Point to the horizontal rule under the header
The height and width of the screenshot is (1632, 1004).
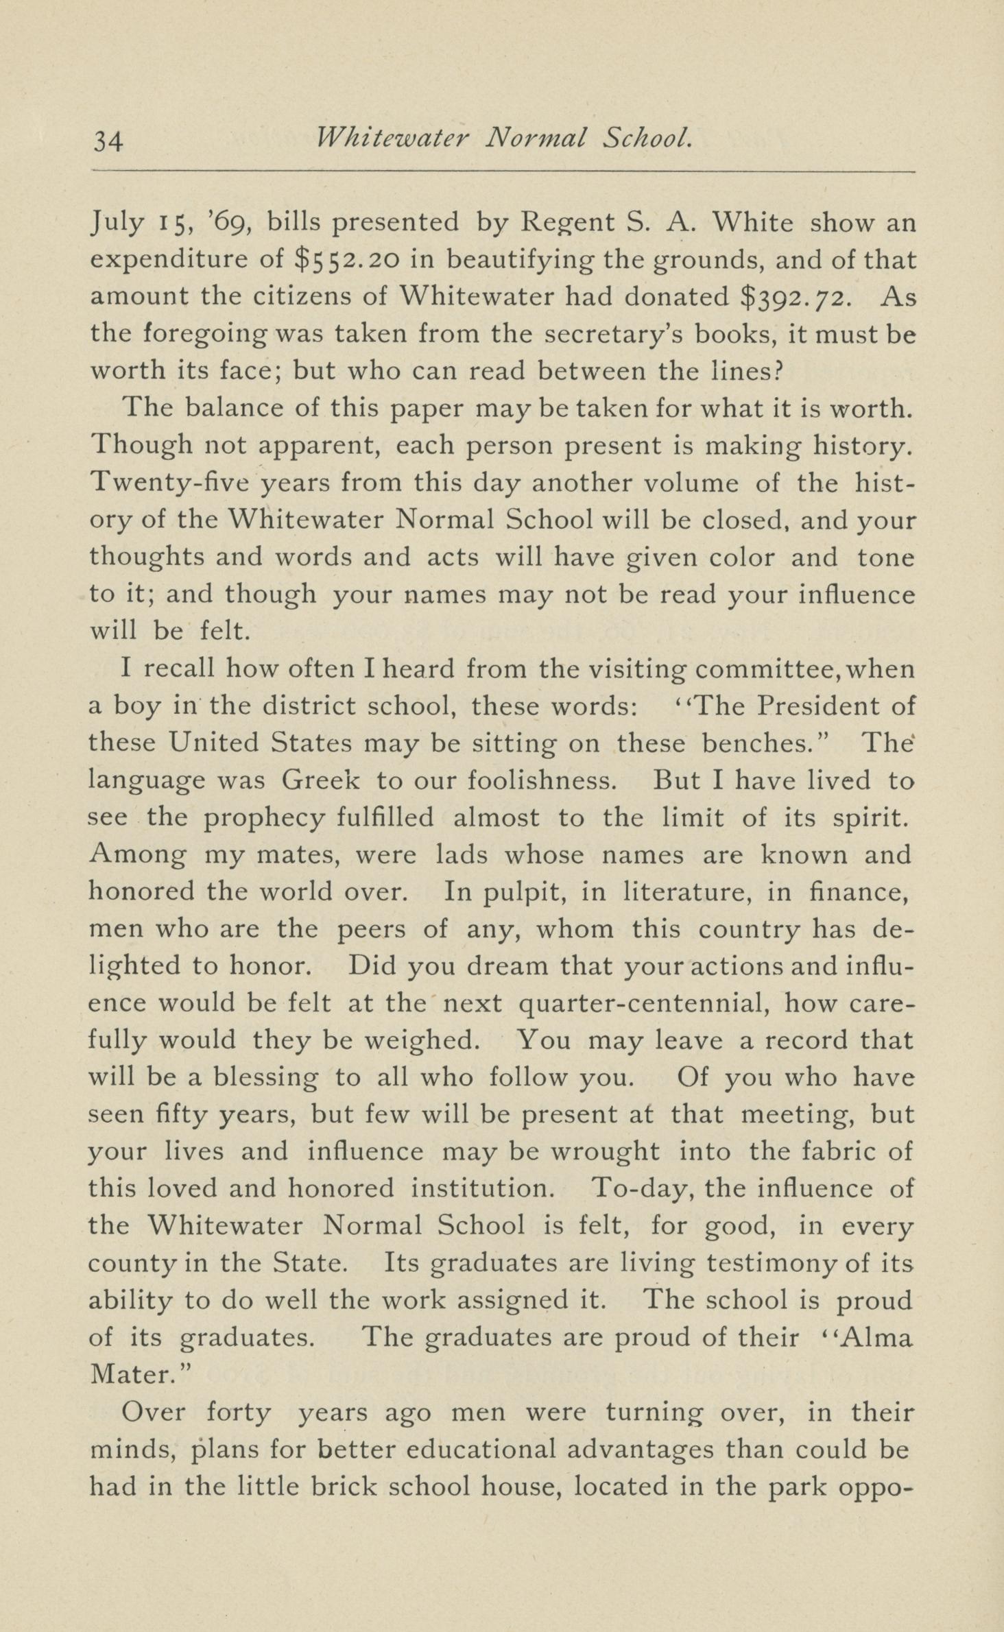503,171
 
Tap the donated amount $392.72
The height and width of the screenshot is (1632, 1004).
798,297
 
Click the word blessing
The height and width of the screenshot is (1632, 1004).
266,1078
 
